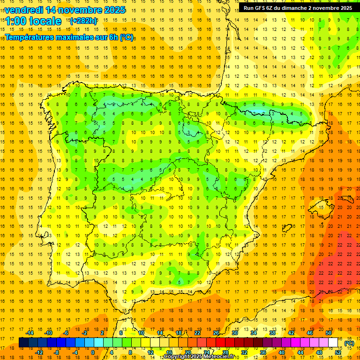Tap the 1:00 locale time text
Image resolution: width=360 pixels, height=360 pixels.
coord(33,21)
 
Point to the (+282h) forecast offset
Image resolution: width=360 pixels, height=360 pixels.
coord(83,21)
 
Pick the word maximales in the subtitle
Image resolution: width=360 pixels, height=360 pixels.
coord(76,37)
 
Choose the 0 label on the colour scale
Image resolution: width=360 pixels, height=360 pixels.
coord(92,352)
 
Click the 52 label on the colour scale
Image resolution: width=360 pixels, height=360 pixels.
coord(338,352)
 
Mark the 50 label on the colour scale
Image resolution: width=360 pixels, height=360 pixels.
coord(329,333)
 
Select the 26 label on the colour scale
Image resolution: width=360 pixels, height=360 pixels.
coord(216,333)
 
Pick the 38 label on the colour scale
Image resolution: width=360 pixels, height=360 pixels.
coord(272,333)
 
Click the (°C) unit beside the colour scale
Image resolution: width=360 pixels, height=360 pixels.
coord(349,343)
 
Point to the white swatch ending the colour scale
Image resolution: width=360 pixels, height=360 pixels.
coord(333,343)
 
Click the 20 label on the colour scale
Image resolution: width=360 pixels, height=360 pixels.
coord(188,352)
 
